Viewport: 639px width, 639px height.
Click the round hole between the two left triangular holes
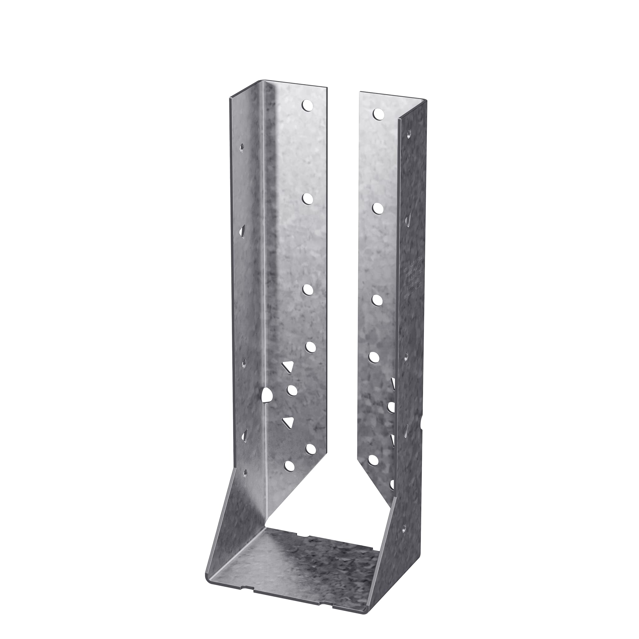click(x=292, y=391)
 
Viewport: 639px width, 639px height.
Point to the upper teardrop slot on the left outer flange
click(x=243, y=230)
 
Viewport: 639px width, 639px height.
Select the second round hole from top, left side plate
click(x=308, y=198)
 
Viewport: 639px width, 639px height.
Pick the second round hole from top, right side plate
click(x=378, y=208)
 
